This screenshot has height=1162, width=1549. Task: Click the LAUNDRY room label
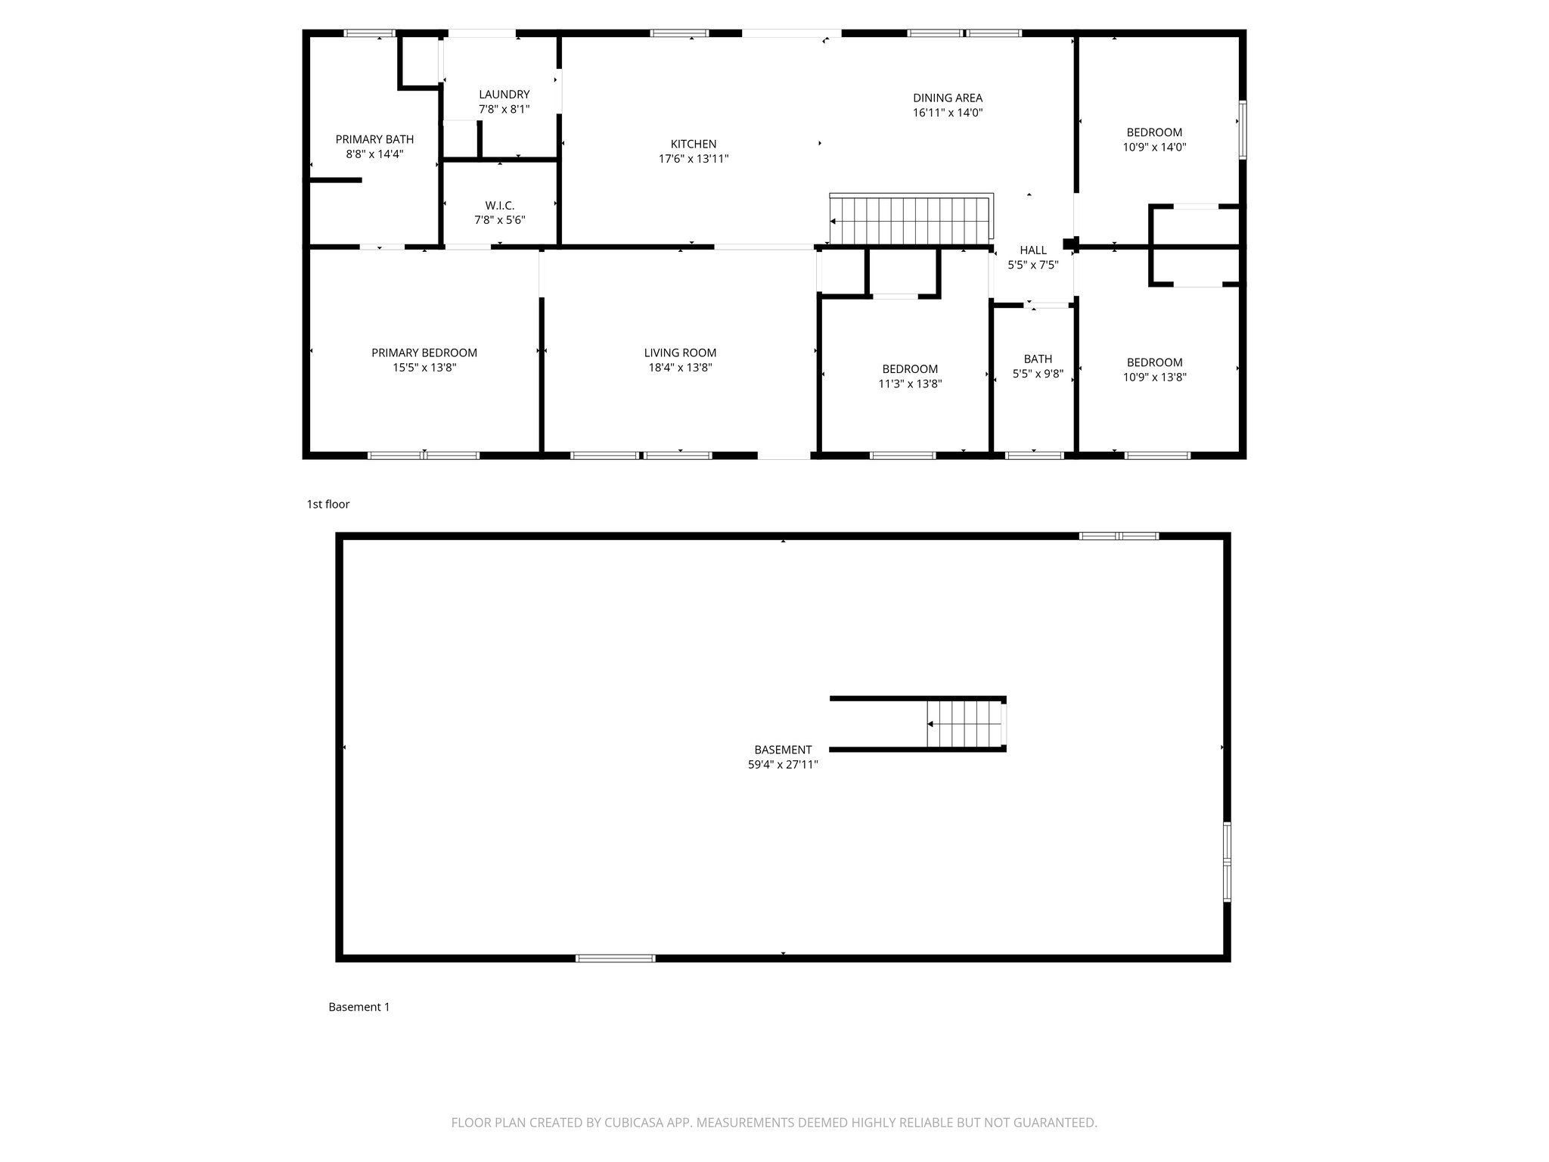504,95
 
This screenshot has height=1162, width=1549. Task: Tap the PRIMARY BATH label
374,139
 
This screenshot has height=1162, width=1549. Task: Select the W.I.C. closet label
499,206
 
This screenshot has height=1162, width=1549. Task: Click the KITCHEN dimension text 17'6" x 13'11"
693,159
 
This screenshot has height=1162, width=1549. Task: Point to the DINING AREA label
947,98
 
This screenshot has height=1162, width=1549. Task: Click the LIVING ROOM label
680,353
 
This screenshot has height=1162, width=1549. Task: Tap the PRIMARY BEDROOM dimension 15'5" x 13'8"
424,368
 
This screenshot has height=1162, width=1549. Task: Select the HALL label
1032,250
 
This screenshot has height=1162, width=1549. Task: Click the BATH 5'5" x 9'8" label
1038,366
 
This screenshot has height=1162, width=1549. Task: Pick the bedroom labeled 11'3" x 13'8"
909,377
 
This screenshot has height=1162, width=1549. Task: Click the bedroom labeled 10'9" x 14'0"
1153,140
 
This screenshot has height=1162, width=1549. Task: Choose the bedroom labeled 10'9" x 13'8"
1153,370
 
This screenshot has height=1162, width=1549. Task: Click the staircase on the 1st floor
911,220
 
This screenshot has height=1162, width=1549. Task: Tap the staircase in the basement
965,724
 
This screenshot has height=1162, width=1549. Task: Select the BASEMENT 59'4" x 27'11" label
783,757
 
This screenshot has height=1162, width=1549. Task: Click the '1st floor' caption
327,504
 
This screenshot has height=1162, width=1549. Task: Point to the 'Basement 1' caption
359,1007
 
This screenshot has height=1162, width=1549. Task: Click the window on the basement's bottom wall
615,958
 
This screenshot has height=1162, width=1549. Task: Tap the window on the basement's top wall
1119,536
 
